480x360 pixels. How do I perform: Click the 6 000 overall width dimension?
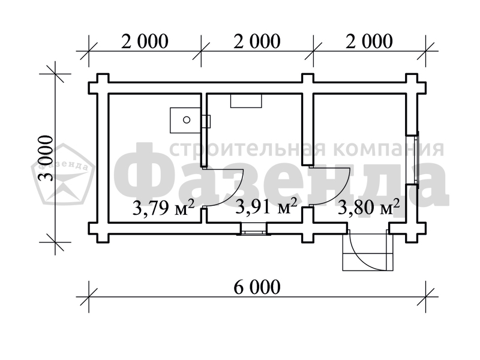coord(257,287)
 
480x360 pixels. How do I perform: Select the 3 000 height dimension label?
coord(46,158)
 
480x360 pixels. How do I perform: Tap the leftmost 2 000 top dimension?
coord(145,41)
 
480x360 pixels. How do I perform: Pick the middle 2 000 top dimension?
coord(257,41)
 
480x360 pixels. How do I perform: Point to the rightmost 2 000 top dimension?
coord(369,41)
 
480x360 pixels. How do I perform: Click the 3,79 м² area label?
coord(163,208)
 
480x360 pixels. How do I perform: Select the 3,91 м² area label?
coord(266,206)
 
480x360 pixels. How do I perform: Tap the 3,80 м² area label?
coord(369,206)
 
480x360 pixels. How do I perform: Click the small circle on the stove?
coord(187,120)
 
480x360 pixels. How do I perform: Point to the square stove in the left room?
coord(185,120)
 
